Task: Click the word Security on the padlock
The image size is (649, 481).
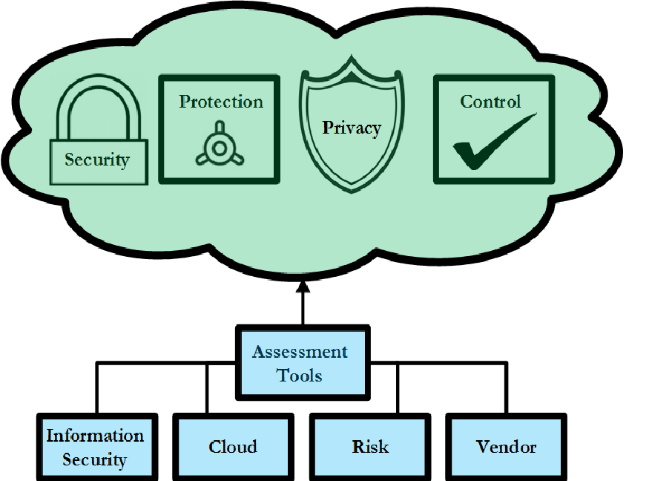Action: pyautogui.click(x=97, y=160)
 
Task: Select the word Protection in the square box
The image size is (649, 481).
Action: pyautogui.click(x=221, y=102)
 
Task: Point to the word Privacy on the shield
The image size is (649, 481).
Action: pyautogui.click(x=351, y=128)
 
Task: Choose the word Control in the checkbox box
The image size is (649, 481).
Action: pyautogui.click(x=490, y=102)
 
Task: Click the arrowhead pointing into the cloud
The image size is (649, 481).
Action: pyautogui.click(x=303, y=287)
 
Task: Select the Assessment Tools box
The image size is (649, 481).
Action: pyautogui.click(x=303, y=361)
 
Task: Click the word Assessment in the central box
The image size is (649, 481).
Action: pyautogui.click(x=300, y=351)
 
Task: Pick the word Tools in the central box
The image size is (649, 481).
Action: pyautogui.click(x=300, y=375)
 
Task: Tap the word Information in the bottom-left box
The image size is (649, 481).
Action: pyautogui.click(x=95, y=435)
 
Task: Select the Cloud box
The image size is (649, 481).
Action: pyautogui.click(x=232, y=447)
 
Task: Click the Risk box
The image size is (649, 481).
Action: pyautogui.click(x=369, y=447)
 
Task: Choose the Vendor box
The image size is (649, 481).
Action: pyautogui.click(x=506, y=447)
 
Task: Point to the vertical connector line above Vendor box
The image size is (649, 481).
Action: pyautogui.click(x=507, y=388)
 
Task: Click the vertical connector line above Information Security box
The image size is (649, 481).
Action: pyautogui.click(x=97, y=388)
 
